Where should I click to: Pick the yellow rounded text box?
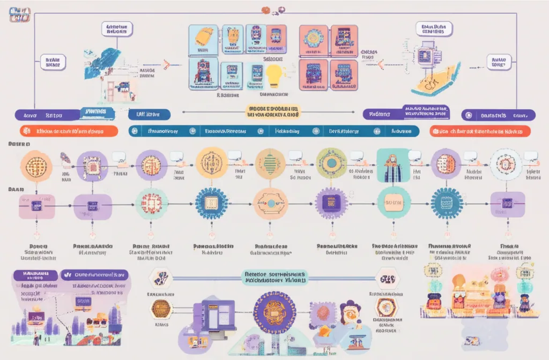coord(273,111)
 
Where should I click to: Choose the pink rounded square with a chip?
coord(36,205)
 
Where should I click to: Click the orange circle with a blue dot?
coord(271,204)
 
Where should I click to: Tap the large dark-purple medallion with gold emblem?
coord(274,312)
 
